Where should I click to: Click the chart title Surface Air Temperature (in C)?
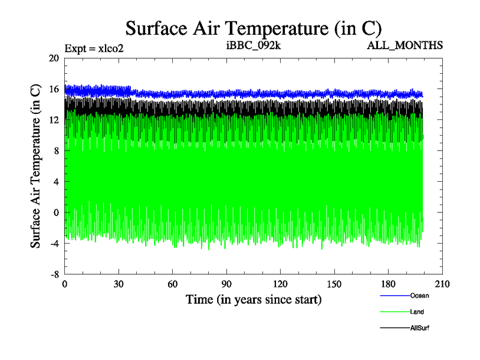[254, 28]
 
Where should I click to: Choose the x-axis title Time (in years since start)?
[253, 299]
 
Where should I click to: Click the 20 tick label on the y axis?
[54, 58]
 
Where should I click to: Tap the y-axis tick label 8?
[56, 151]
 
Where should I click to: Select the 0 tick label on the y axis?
[56, 213]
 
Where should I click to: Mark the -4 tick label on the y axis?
[54, 244]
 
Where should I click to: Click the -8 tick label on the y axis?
[54, 275]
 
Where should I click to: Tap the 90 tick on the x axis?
[227, 284]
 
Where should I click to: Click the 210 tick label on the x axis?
[442, 284]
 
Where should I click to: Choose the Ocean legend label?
[419, 296]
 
